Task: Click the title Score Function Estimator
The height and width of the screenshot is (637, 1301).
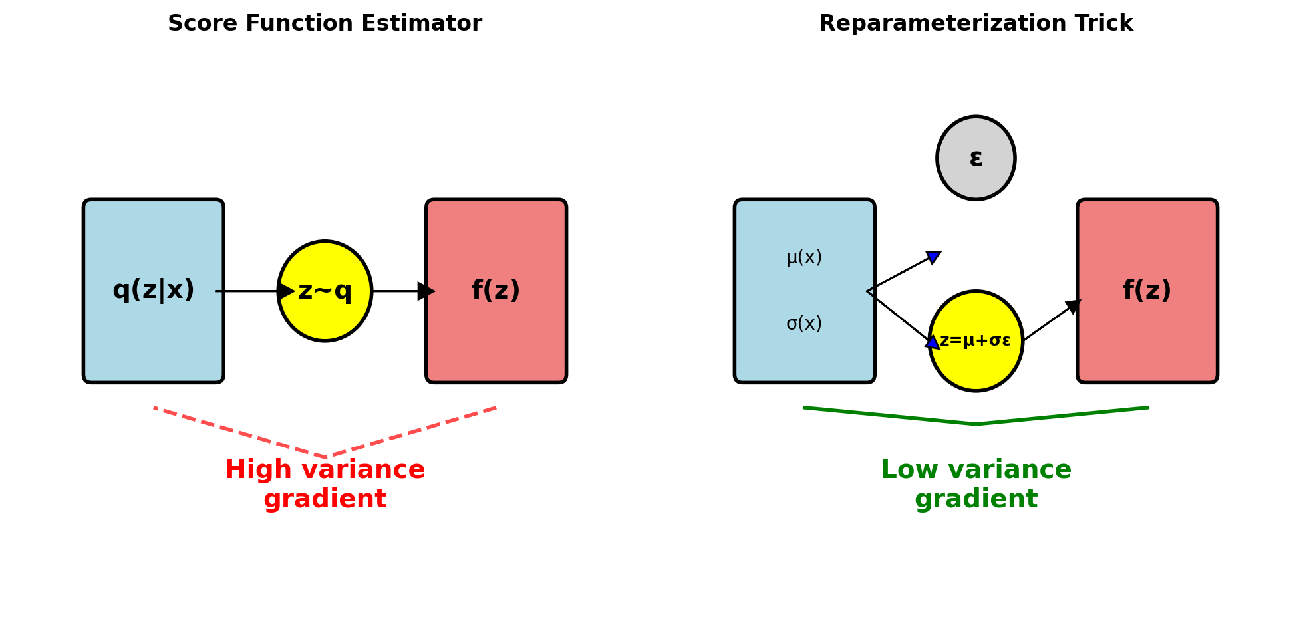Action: (325, 24)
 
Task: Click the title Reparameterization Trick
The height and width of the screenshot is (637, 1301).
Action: (975, 24)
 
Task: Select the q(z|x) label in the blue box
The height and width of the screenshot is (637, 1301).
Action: (154, 291)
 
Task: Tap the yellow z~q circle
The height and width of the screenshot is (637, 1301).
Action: (325, 291)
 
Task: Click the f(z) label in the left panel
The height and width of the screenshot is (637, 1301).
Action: (496, 291)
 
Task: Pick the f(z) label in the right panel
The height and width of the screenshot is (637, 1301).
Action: (1147, 291)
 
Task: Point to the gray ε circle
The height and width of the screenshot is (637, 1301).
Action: (976, 158)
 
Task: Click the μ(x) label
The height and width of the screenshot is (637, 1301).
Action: (804, 257)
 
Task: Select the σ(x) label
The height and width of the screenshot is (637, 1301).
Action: (804, 324)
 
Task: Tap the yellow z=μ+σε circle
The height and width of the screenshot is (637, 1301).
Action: (976, 341)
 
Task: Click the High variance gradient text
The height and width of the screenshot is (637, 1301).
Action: (325, 484)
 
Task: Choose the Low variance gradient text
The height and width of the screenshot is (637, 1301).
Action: (976, 484)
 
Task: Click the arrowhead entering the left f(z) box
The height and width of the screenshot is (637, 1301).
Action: (426, 291)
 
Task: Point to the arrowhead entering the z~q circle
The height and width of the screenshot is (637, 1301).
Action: (286, 291)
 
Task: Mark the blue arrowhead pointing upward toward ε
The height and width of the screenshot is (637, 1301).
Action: (933, 257)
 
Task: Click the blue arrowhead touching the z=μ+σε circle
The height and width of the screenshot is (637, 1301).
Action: (933, 342)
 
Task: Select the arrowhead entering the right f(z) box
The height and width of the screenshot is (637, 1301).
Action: (1073, 306)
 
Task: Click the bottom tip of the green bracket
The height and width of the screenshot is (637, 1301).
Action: (976, 424)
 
